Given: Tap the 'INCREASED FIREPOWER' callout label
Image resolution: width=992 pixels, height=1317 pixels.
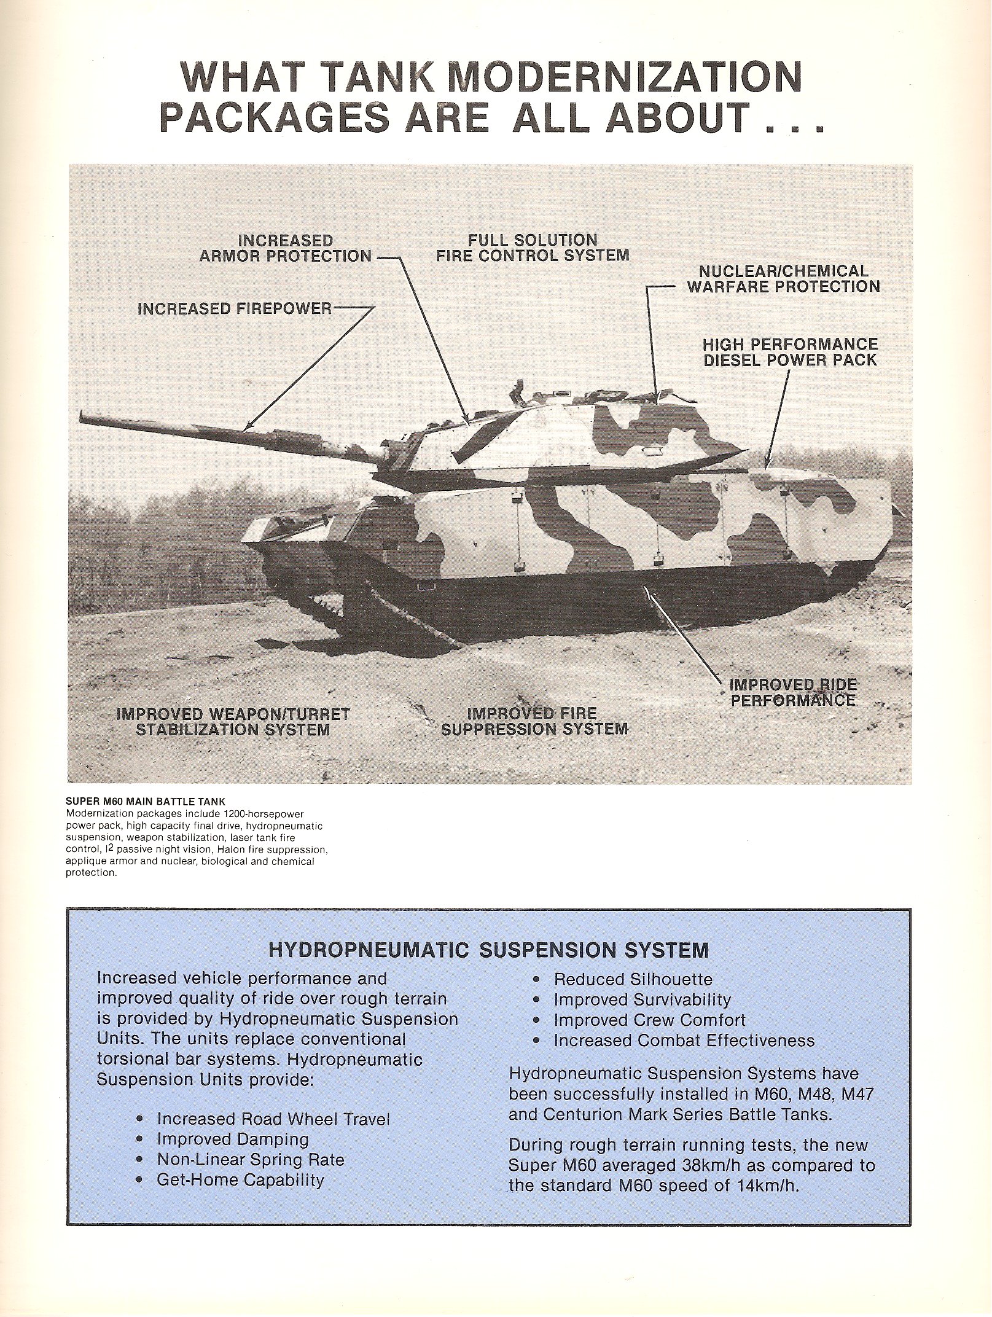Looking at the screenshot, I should [x=234, y=308].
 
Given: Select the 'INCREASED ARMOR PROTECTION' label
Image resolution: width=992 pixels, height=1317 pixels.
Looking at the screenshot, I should [x=286, y=248].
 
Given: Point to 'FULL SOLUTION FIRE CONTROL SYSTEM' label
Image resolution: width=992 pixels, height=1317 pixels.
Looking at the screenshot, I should [x=533, y=248].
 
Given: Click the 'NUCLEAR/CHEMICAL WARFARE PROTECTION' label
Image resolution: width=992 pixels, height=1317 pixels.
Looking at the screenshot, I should [x=783, y=279].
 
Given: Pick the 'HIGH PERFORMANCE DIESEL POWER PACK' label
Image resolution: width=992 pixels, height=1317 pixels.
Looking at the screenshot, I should [x=790, y=352].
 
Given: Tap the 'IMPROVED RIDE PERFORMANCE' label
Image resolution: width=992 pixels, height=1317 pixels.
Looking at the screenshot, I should [x=792, y=692].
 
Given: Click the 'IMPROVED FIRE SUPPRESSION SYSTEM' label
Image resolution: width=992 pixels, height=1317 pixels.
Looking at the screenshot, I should [x=534, y=721].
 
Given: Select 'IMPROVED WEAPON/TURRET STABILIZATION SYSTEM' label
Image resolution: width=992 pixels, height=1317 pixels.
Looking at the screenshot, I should [x=233, y=722].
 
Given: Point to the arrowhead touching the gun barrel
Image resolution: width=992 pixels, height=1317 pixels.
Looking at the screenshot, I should [x=247, y=428].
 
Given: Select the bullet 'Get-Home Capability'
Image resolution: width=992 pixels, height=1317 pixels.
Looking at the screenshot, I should [x=240, y=1180].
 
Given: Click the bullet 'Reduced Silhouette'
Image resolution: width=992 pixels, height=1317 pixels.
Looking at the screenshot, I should [x=633, y=979].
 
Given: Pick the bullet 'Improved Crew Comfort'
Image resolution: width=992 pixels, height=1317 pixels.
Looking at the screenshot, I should [x=649, y=1020].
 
